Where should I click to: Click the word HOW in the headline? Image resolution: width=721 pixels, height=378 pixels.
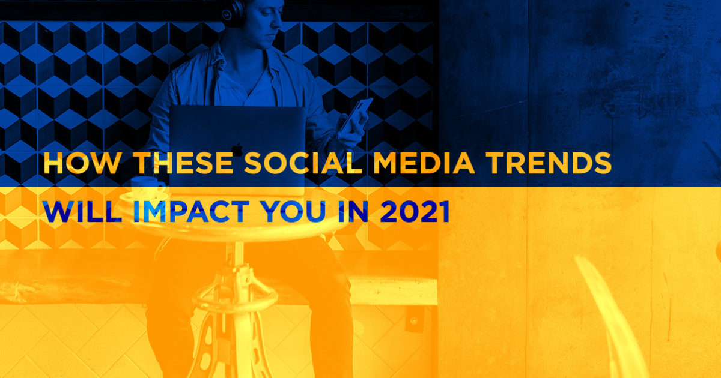(x=82, y=163)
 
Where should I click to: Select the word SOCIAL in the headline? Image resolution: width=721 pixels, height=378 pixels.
(x=303, y=163)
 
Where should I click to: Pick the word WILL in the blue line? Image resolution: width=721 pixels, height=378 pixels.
(x=82, y=211)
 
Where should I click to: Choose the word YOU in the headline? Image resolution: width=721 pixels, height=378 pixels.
(x=294, y=211)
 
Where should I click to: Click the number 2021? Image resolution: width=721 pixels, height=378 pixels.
(x=415, y=211)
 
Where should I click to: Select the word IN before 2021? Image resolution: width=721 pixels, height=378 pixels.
(x=353, y=211)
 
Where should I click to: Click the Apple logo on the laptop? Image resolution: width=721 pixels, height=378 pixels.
(x=237, y=149)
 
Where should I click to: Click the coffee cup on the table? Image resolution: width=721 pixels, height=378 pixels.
(x=147, y=187)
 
